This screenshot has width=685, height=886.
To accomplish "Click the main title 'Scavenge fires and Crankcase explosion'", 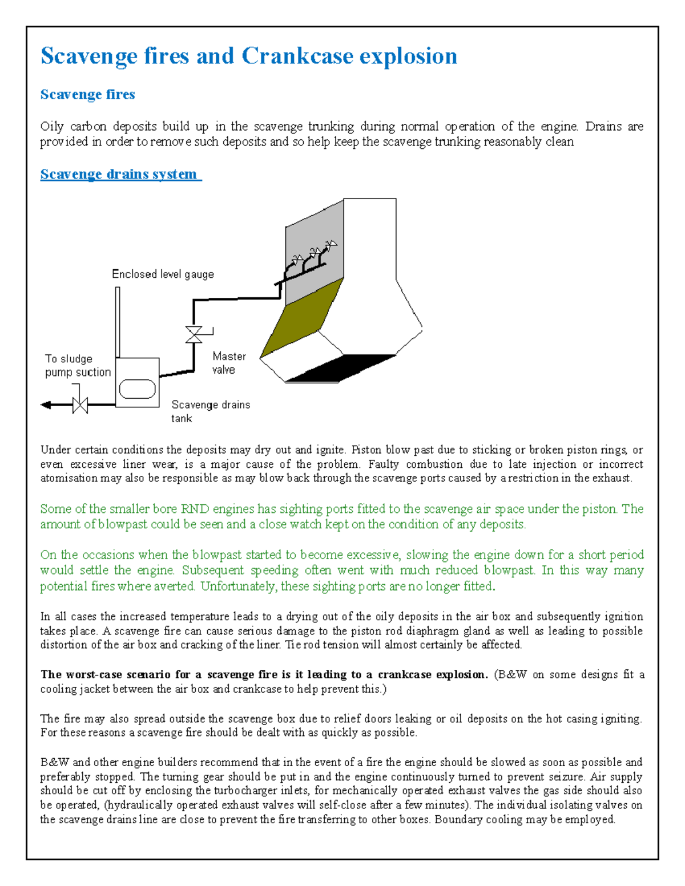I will (x=248, y=56).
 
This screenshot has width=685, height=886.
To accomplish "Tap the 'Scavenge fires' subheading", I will (x=87, y=94).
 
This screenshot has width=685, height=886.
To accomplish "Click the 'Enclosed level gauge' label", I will (x=163, y=274).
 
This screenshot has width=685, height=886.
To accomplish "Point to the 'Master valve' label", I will (x=228, y=363).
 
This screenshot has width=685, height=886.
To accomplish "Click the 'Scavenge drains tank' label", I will (x=210, y=411).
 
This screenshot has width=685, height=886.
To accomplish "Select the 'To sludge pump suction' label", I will (x=78, y=365).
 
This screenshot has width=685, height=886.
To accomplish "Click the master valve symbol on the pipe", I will (x=194, y=334).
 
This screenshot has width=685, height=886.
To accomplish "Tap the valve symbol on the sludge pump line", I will (x=80, y=405).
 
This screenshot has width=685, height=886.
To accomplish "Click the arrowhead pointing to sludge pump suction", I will (x=46, y=405).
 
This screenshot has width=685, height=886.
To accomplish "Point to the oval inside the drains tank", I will (x=137, y=389).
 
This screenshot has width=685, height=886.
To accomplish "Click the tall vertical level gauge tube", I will (x=118, y=322).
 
